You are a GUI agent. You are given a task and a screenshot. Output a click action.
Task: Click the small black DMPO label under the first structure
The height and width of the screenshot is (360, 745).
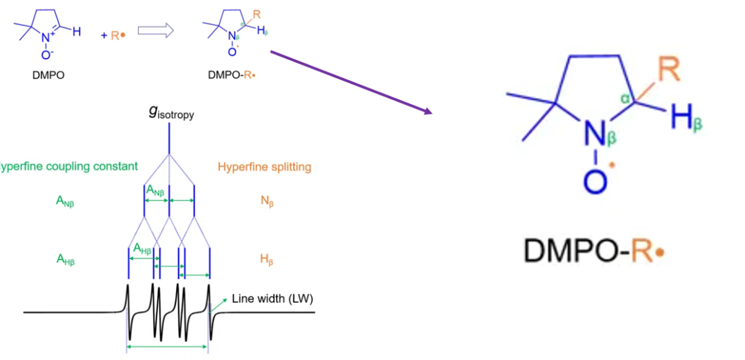[x=48, y=75]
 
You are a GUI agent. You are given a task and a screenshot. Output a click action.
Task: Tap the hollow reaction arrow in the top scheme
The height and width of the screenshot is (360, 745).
[x=153, y=31]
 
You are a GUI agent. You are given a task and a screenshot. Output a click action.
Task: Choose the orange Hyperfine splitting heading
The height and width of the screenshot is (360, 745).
[x=264, y=167]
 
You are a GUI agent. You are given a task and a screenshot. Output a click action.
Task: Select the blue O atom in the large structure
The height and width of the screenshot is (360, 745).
[x=595, y=181]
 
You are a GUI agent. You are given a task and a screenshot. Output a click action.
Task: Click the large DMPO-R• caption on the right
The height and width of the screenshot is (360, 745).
[x=593, y=250]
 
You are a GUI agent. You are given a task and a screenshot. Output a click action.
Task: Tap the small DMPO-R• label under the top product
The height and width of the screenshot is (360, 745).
[x=232, y=75]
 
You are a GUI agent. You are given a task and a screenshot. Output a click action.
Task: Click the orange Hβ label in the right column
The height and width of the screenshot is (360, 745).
[x=266, y=259]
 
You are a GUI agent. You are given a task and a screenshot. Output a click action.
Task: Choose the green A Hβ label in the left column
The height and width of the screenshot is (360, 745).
[x=66, y=259]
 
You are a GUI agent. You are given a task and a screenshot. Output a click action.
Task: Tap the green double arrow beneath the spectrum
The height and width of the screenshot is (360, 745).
[x=168, y=347]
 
